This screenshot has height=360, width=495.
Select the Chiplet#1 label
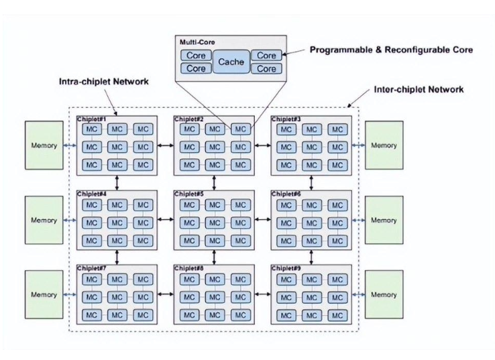[x=92, y=119]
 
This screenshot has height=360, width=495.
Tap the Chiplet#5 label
[x=189, y=194]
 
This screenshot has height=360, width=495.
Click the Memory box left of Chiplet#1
[x=44, y=145]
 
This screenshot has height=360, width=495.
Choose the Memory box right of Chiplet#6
[x=384, y=220]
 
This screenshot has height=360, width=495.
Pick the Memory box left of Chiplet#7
[x=44, y=294]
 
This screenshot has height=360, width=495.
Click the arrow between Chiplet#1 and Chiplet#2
[x=165, y=145]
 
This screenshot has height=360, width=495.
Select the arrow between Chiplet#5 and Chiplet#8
[x=214, y=257]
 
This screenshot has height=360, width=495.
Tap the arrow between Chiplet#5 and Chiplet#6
[x=262, y=220]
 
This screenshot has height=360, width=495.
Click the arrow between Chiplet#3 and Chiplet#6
[x=311, y=182]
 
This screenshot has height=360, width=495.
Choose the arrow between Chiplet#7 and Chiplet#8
[x=165, y=294]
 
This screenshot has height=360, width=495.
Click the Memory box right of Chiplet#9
[x=384, y=294]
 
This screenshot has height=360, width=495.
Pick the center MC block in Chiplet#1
[x=117, y=146]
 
